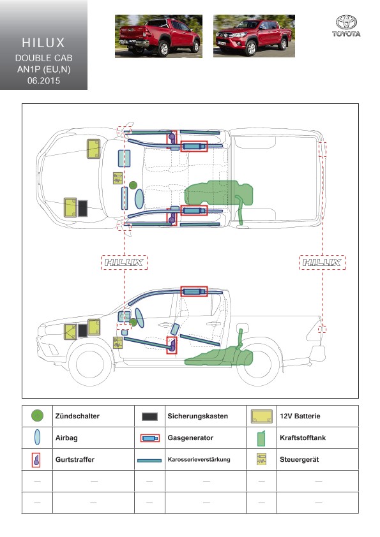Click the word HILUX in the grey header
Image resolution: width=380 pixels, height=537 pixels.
(x=43, y=43)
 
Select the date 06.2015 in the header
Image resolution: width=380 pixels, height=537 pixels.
(x=43, y=80)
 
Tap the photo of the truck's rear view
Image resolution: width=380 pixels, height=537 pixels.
(x=158, y=36)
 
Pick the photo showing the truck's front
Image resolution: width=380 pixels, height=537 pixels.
(x=254, y=36)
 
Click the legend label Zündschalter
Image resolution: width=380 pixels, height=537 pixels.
(x=77, y=416)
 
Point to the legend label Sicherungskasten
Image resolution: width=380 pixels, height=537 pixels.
(x=197, y=416)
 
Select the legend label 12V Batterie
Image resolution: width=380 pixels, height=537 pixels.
(x=300, y=416)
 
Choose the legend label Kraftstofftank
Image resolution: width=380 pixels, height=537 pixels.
(x=303, y=438)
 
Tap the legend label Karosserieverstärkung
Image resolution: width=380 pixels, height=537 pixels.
(x=199, y=460)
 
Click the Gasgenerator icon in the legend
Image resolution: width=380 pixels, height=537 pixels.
(x=150, y=438)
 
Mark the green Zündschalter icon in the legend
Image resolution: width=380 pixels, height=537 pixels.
(x=37, y=416)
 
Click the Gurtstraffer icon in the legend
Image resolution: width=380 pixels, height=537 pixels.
(x=36, y=460)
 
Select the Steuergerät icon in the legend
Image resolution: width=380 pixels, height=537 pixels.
(x=261, y=459)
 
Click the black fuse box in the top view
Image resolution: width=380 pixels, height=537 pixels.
(x=82, y=208)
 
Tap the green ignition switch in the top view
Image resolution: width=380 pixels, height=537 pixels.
(x=133, y=186)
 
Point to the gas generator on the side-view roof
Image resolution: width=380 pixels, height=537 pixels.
(x=194, y=291)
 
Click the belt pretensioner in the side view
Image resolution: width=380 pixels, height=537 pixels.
(x=172, y=345)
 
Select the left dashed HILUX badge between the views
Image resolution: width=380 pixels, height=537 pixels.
(x=124, y=262)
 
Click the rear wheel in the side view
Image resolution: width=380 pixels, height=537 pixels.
(x=258, y=364)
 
